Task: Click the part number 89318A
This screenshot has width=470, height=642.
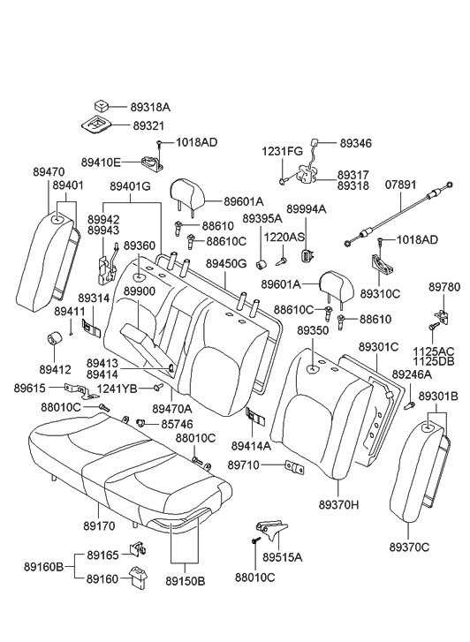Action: click(152, 108)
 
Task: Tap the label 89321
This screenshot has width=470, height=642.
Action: click(148, 126)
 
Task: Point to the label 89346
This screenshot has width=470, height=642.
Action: click(355, 141)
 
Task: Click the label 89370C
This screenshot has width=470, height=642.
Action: click(412, 548)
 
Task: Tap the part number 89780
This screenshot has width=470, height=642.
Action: click(443, 288)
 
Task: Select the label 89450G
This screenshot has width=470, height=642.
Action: click(227, 264)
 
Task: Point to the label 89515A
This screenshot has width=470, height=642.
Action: click(282, 557)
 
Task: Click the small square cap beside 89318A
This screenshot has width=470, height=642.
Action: click(104, 106)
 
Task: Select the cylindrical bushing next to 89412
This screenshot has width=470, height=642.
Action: click(53, 338)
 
